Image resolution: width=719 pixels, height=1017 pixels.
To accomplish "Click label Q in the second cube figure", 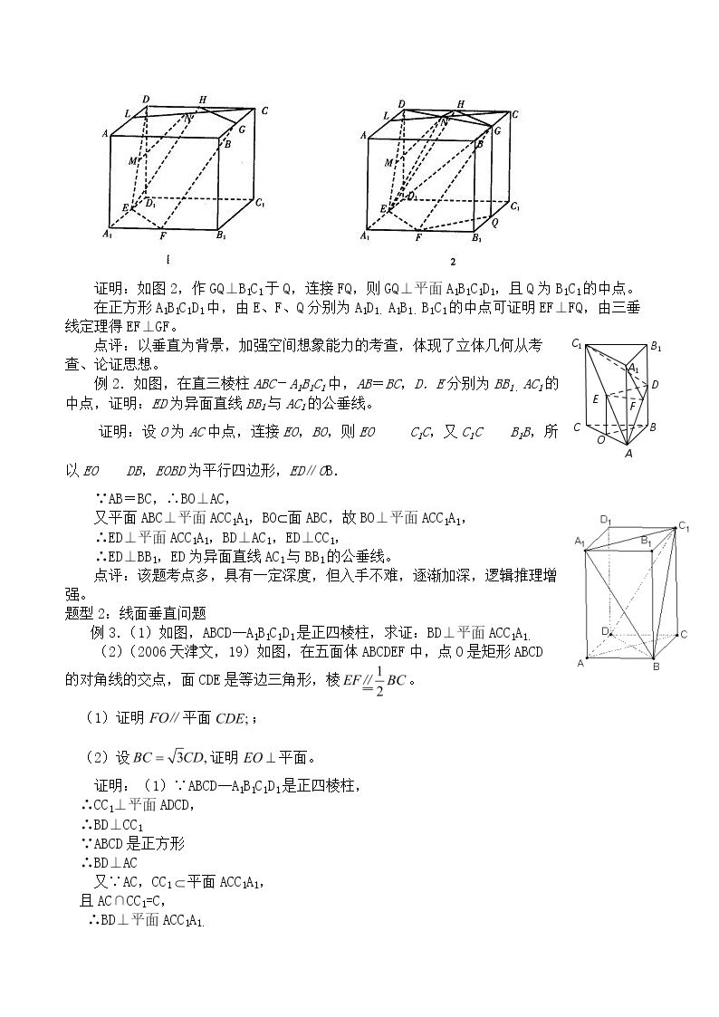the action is coord(494,222).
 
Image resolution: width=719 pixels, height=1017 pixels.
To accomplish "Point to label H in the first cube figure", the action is coord(203,100).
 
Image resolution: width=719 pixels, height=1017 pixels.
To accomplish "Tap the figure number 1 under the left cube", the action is coord(168,260).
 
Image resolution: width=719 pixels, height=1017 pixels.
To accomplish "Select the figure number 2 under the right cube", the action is coord(453,262).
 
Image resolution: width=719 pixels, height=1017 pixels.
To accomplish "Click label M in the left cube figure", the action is coord(132,161).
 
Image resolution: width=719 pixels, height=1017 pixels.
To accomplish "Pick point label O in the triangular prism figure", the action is coord(601,440).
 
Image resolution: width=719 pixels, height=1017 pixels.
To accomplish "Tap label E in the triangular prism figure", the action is coord(596,399).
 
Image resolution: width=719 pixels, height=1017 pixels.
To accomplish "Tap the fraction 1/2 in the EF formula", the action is coord(380,680).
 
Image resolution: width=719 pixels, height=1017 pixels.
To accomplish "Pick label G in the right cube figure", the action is coord(498,130).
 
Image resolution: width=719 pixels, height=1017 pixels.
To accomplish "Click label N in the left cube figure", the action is coord(188,119).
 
